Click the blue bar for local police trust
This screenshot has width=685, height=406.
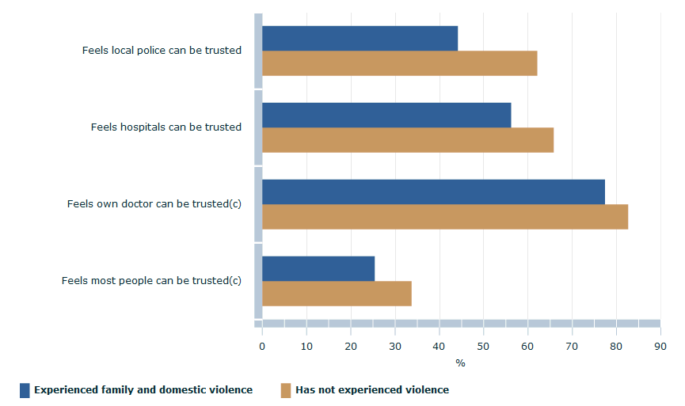360,38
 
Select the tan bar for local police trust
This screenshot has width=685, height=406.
399,63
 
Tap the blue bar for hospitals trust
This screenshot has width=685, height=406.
386,115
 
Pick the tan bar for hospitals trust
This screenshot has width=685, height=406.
408,140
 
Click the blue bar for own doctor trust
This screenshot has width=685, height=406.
433,192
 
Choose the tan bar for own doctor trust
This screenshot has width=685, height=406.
445,217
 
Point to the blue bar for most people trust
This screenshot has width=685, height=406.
318,268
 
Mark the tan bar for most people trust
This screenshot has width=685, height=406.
337,294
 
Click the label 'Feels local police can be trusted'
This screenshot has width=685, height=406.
162,51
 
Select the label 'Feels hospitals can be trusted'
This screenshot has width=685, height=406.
166,127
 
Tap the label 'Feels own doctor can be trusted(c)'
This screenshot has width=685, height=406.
154,204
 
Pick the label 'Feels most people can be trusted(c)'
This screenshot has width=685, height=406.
151,281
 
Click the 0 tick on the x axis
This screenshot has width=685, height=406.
262,346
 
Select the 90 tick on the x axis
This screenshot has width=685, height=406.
660,346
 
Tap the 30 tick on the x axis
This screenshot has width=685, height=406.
394,346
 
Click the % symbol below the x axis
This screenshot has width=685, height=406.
460,363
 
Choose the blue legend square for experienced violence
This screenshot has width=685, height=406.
25,390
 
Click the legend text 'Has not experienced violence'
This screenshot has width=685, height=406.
372,390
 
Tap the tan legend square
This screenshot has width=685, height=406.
286,390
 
